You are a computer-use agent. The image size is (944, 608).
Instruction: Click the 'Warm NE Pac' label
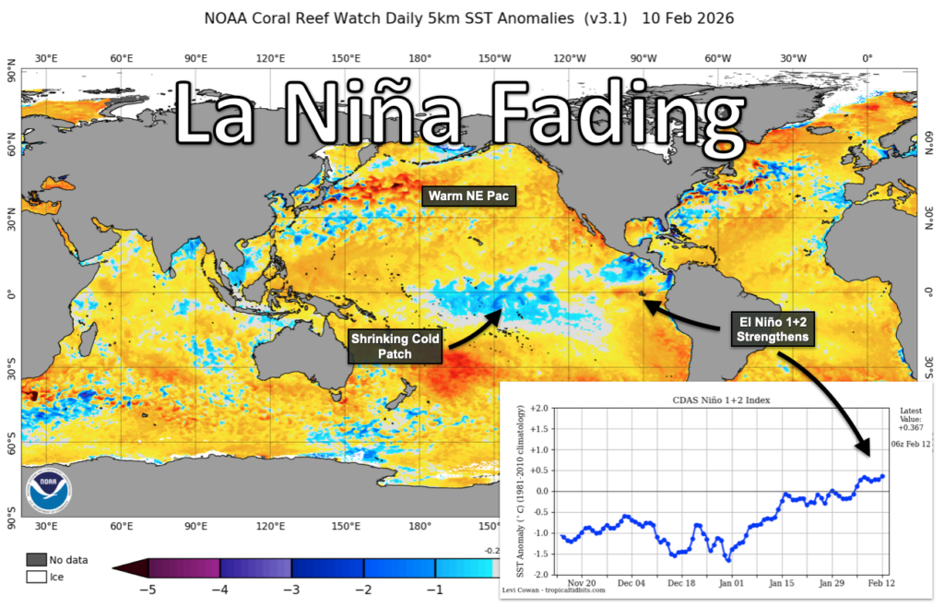(x=468, y=195)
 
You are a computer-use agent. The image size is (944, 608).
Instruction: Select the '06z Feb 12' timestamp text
(x=910, y=444)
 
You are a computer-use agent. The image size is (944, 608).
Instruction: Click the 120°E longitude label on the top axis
(x=270, y=58)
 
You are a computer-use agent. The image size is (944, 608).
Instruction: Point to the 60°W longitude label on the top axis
(x=718, y=58)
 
